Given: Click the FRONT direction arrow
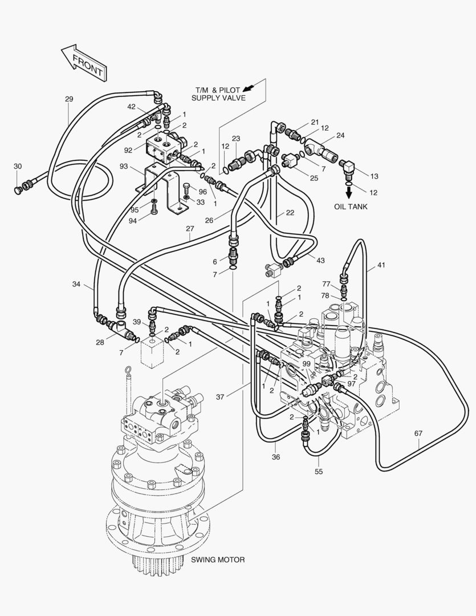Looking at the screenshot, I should coord(83,62).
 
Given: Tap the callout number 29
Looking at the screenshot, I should coord(69,99).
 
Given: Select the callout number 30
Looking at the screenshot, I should coord(18,166).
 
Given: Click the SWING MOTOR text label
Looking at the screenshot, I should coord(218,560).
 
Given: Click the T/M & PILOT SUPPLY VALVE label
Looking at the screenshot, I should coord(218,94).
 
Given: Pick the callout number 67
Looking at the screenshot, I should coord(418,433).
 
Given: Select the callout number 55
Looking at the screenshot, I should coord(318,472).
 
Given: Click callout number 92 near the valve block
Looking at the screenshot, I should coord(129,151).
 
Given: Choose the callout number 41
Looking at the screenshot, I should coord(381,266).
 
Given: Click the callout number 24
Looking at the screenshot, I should coord(340,136).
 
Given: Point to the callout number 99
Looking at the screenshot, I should coord(306,364).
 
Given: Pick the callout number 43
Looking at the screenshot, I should coord(320,261).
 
